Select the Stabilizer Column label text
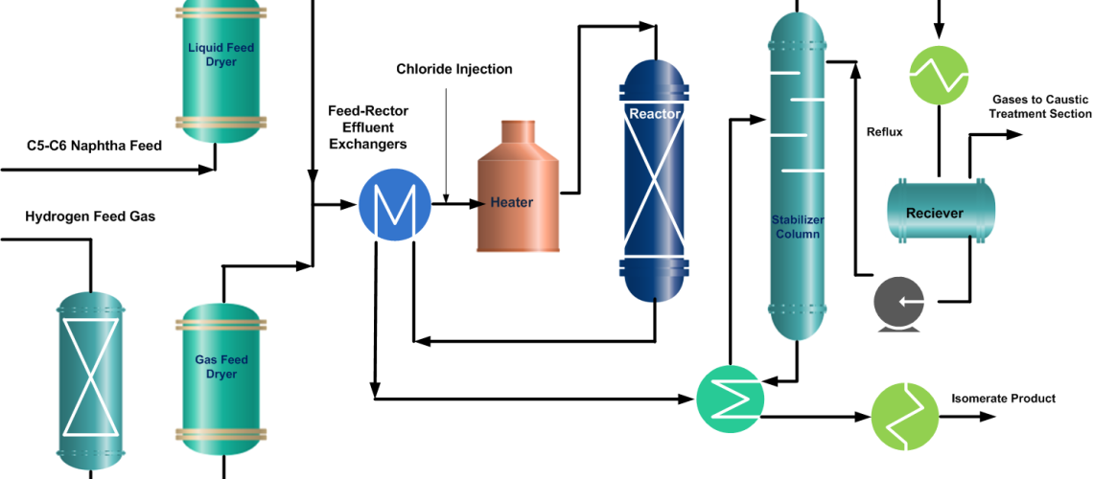pyautogui.click(x=797, y=226)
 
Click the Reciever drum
pyautogui.click(x=940, y=212)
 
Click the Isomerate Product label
pyautogui.click(x=1003, y=399)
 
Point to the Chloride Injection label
pyautogui.click(x=454, y=69)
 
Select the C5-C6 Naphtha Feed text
pyautogui.click(x=94, y=147)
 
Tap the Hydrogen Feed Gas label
pyautogui.click(x=90, y=217)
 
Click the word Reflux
pyautogui.click(x=884, y=131)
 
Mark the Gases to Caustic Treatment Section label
pyautogui.click(x=1040, y=106)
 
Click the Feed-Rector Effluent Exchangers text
pyautogui.click(x=368, y=127)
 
